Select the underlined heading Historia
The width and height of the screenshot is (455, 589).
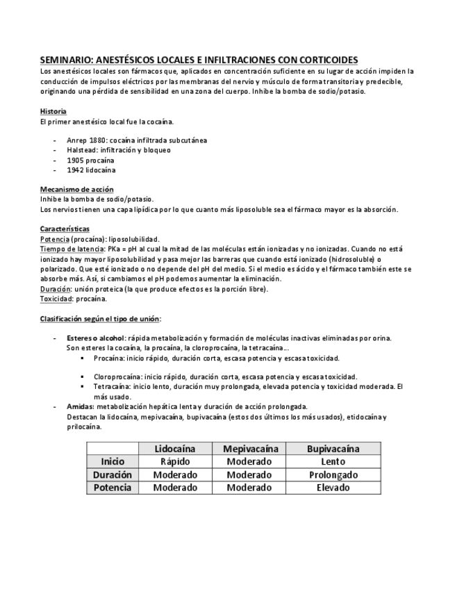point(53,111)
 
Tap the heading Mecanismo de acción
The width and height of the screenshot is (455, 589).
point(76,190)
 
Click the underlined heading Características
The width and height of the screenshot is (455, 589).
point(65,229)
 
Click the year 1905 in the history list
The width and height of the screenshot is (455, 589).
point(75,160)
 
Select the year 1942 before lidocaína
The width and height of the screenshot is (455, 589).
point(75,169)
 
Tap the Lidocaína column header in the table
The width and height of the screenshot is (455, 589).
point(174,449)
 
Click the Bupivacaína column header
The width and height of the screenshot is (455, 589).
point(333,449)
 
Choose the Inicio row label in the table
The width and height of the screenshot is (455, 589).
point(112,461)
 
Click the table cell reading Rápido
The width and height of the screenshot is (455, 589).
point(174,461)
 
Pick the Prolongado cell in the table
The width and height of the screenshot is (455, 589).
point(333,474)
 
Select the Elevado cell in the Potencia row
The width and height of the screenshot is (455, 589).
point(333,488)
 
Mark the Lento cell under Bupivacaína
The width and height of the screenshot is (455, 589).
point(333,461)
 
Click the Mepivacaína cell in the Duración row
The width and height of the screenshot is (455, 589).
point(249,474)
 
